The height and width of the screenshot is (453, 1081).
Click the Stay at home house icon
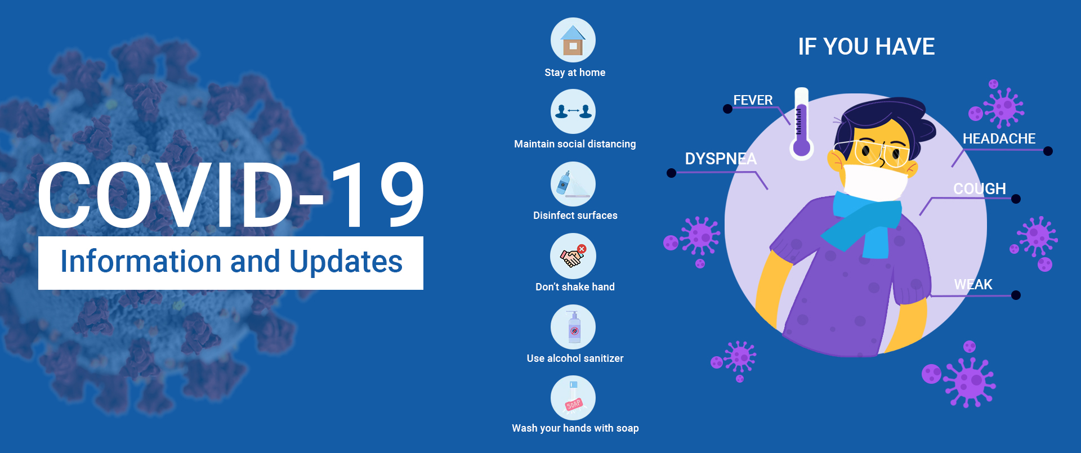click(573, 40)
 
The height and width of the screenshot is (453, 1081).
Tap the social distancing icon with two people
click(573, 111)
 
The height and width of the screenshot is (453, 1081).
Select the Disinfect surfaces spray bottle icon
click(573, 184)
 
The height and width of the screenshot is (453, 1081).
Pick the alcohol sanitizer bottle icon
click(573, 327)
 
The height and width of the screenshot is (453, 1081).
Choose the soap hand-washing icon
click(573, 398)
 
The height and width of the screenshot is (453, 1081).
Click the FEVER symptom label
click(753, 100)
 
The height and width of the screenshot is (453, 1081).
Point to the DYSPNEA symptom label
click(721, 159)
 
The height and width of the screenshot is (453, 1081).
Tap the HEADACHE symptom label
click(999, 138)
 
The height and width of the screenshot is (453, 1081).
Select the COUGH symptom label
click(980, 189)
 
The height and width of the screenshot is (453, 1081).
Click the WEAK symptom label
click(973, 285)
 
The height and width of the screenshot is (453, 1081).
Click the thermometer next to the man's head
click(801, 123)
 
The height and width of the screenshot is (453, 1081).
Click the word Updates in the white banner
click(346, 262)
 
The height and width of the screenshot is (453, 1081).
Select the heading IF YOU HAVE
click(866, 47)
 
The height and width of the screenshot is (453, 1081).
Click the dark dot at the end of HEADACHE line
click(1048, 151)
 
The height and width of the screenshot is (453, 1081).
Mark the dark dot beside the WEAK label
click(1016, 295)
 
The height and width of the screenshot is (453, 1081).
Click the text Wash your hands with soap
click(575, 428)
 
